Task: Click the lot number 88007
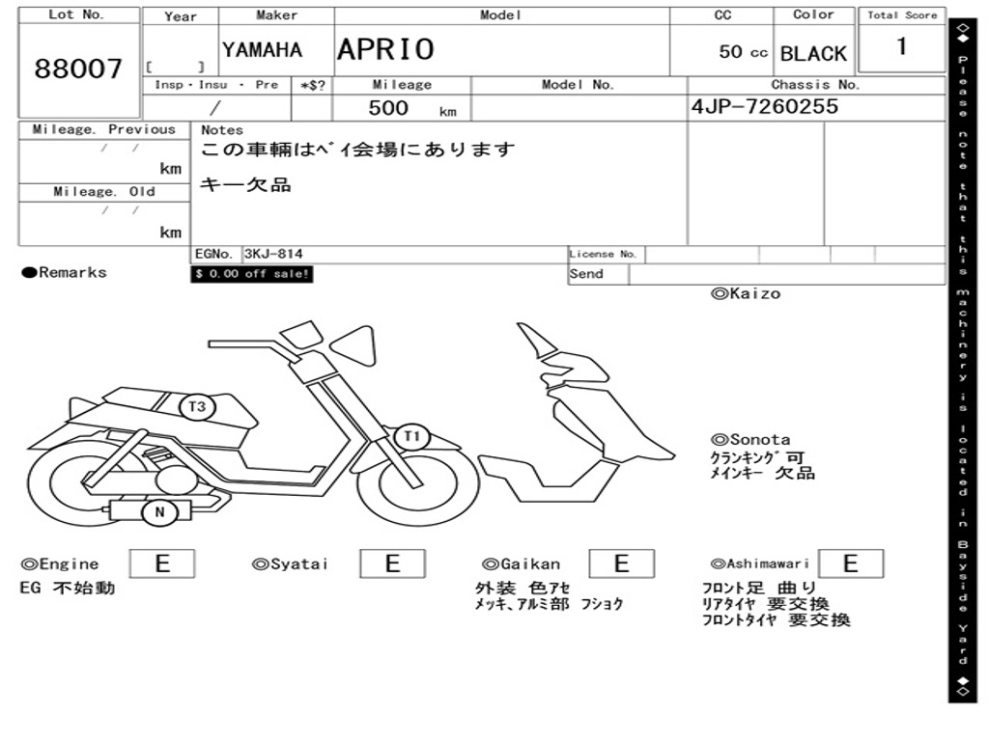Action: coord(79,69)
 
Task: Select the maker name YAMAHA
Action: coord(262,50)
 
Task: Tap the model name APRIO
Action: coord(385,49)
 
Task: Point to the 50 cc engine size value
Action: coord(743,52)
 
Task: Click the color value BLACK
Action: coord(813,54)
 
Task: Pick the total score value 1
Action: coord(901,46)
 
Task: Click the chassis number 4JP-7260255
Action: coord(765,107)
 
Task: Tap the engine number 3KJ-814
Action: coord(273,254)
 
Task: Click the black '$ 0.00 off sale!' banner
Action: coord(252,274)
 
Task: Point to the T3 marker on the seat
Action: coord(197,407)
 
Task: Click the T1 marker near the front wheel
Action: coord(412,436)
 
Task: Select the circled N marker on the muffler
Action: coord(159,512)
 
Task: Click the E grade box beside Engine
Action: coord(162,563)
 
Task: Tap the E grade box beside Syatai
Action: coord(392,563)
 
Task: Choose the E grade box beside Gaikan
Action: coord(621,563)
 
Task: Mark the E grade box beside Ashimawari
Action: coord(850,563)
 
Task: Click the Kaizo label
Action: coord(746,293)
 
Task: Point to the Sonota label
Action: coord(750,440)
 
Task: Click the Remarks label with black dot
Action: coord(65,273)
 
